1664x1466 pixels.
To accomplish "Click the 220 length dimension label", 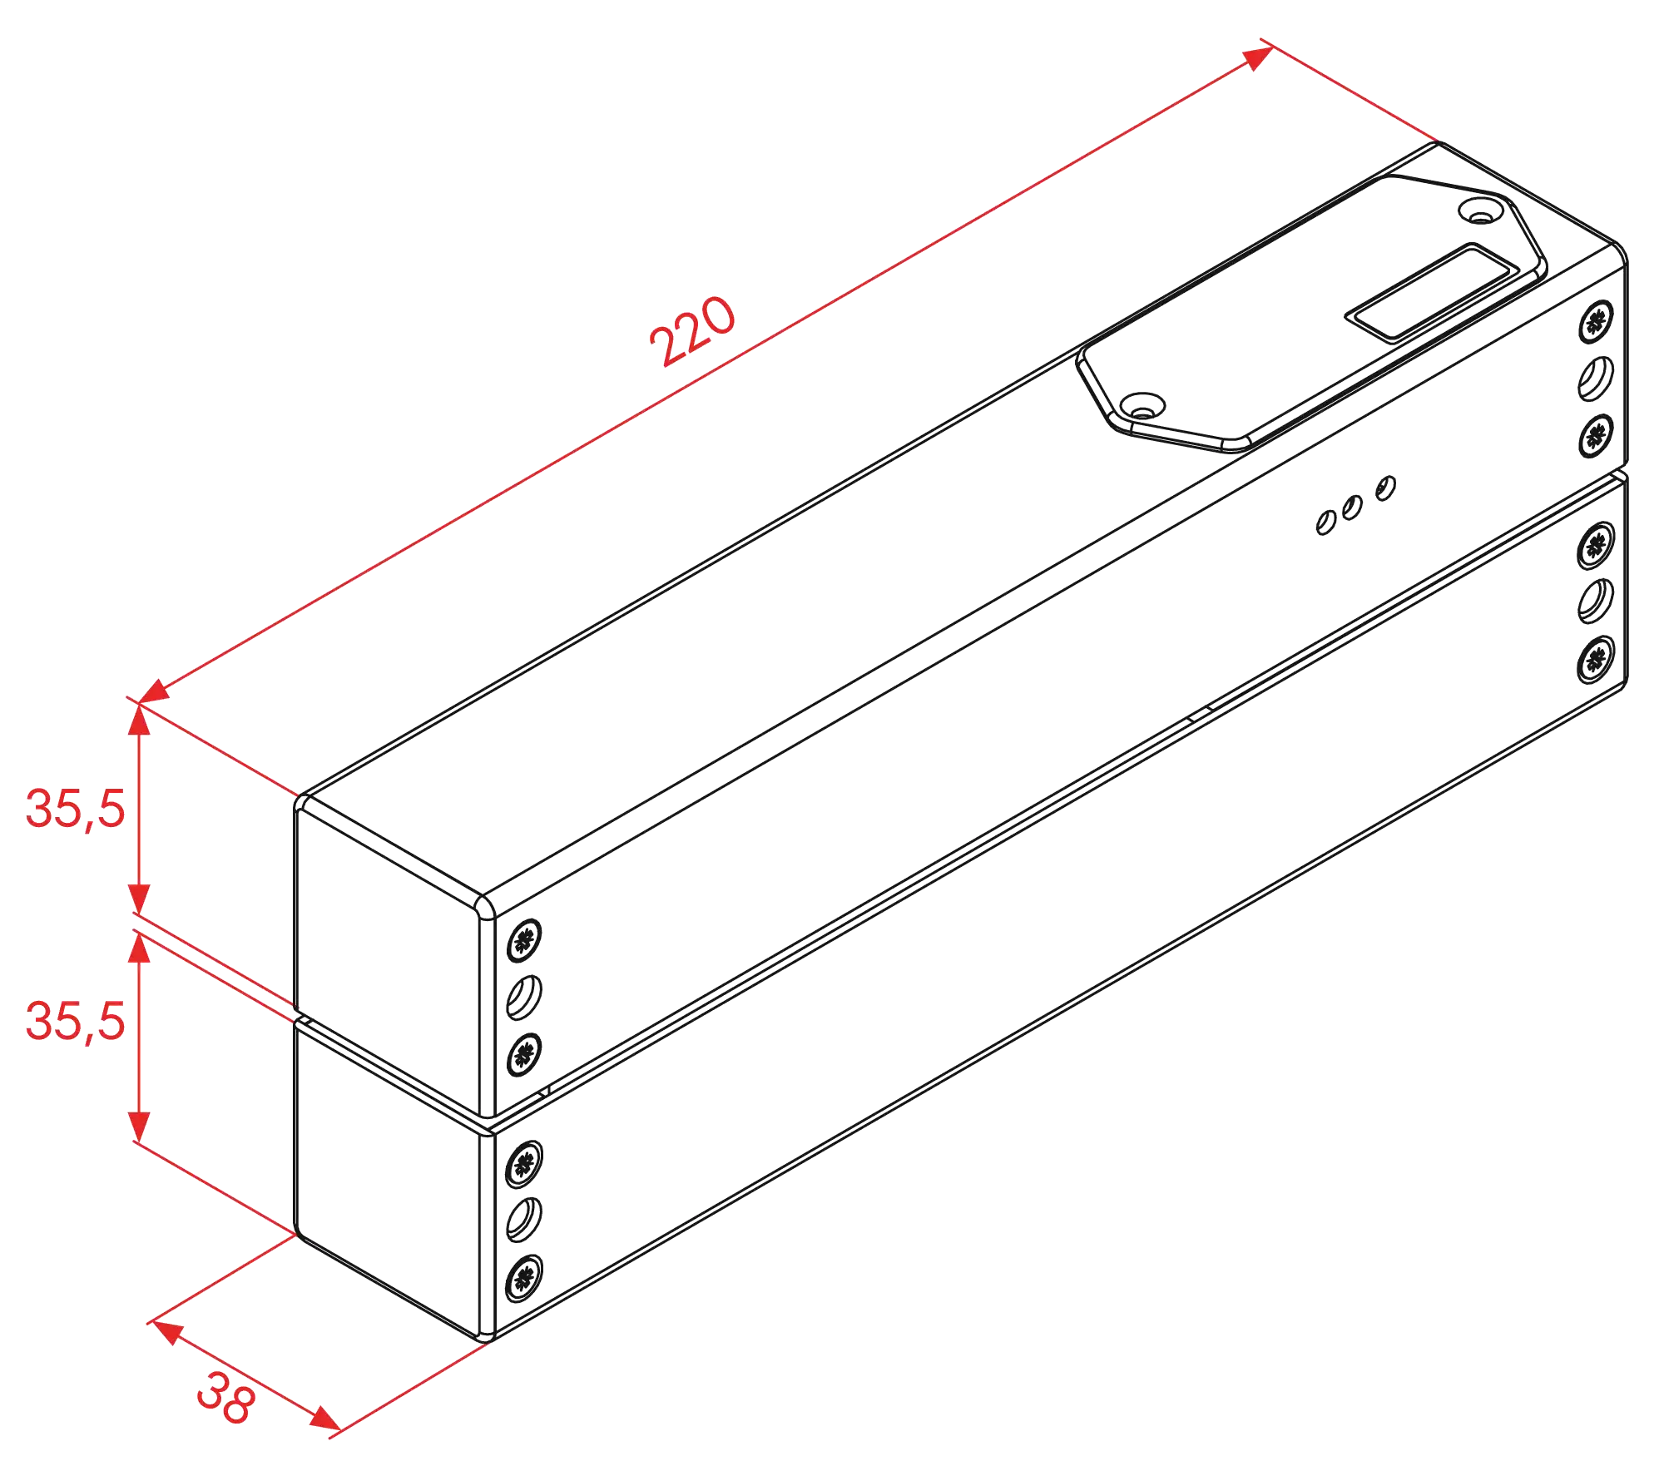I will (692, 330).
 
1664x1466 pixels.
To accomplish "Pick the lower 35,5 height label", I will (76, 1022).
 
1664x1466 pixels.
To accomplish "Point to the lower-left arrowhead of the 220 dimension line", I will (153, 692).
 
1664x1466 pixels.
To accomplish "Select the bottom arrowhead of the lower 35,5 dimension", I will (140, 1125).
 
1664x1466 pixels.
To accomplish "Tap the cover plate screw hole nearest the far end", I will (1480, 210).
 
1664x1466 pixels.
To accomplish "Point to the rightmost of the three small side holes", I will (1385, 488).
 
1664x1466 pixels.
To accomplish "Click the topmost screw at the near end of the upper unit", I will (524, 939).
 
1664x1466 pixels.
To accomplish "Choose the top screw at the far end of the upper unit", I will (1595, 320).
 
